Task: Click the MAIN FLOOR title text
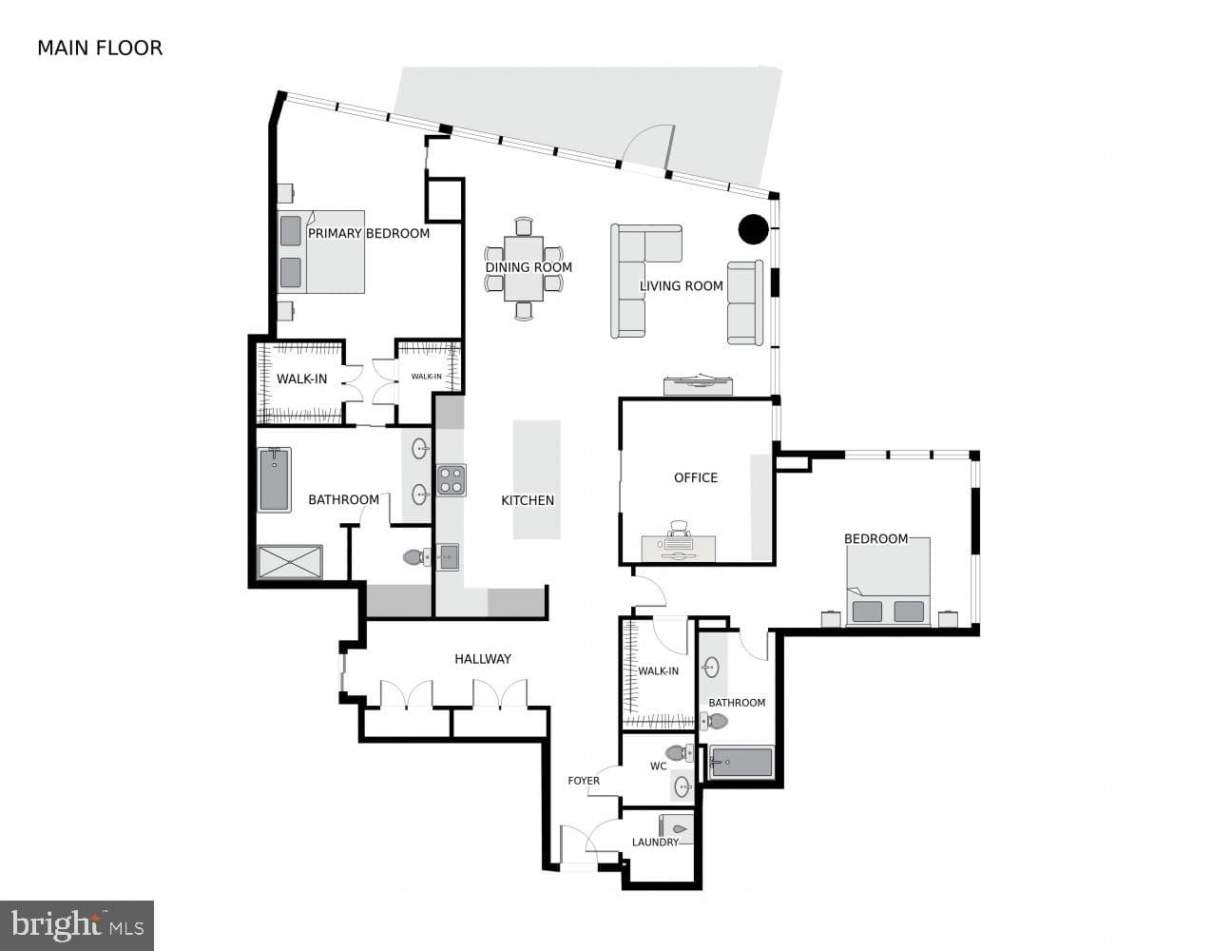(100, 49)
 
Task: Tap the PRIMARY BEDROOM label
(368, 234)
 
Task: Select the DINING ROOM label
(529, 267)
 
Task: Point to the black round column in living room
(754, 229)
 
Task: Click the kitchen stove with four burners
(452, 480)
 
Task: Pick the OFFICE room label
(696, 477)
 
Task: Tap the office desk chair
(680, 530)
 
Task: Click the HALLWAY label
(483, 658)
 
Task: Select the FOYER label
(584, 781)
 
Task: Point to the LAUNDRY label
(655, 843)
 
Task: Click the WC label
(658, 767)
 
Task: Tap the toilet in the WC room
(680, 753)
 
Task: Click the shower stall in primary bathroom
(290, 562)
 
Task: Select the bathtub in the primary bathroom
(275, 480)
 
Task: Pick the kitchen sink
(448, 557)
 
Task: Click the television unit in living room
(698, 384)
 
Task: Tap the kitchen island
(536, 479)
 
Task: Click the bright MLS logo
(77, 925)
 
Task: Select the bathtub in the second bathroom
(741, 763)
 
